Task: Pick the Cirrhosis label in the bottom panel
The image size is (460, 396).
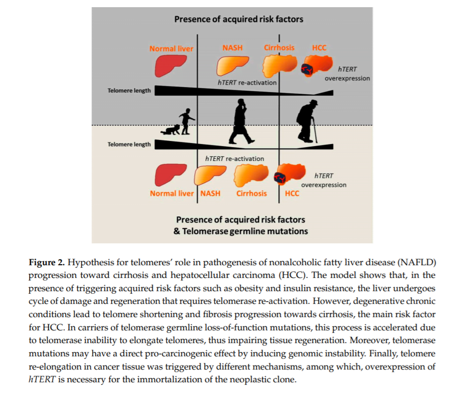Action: (251, 193)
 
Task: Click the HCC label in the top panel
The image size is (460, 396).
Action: (319, 48)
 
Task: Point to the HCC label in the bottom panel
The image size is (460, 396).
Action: (292, 193)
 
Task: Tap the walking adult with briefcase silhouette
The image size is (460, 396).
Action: (239, 122)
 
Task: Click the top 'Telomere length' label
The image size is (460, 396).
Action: (129, 91)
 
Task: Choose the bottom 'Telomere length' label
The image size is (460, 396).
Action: (129, 144)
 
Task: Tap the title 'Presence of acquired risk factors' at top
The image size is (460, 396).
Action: (239, 19)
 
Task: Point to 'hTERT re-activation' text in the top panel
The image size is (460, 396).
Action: (247, 82)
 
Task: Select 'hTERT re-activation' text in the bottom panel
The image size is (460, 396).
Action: (235, 158)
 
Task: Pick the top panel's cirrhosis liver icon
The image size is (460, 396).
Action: (277, 65)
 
